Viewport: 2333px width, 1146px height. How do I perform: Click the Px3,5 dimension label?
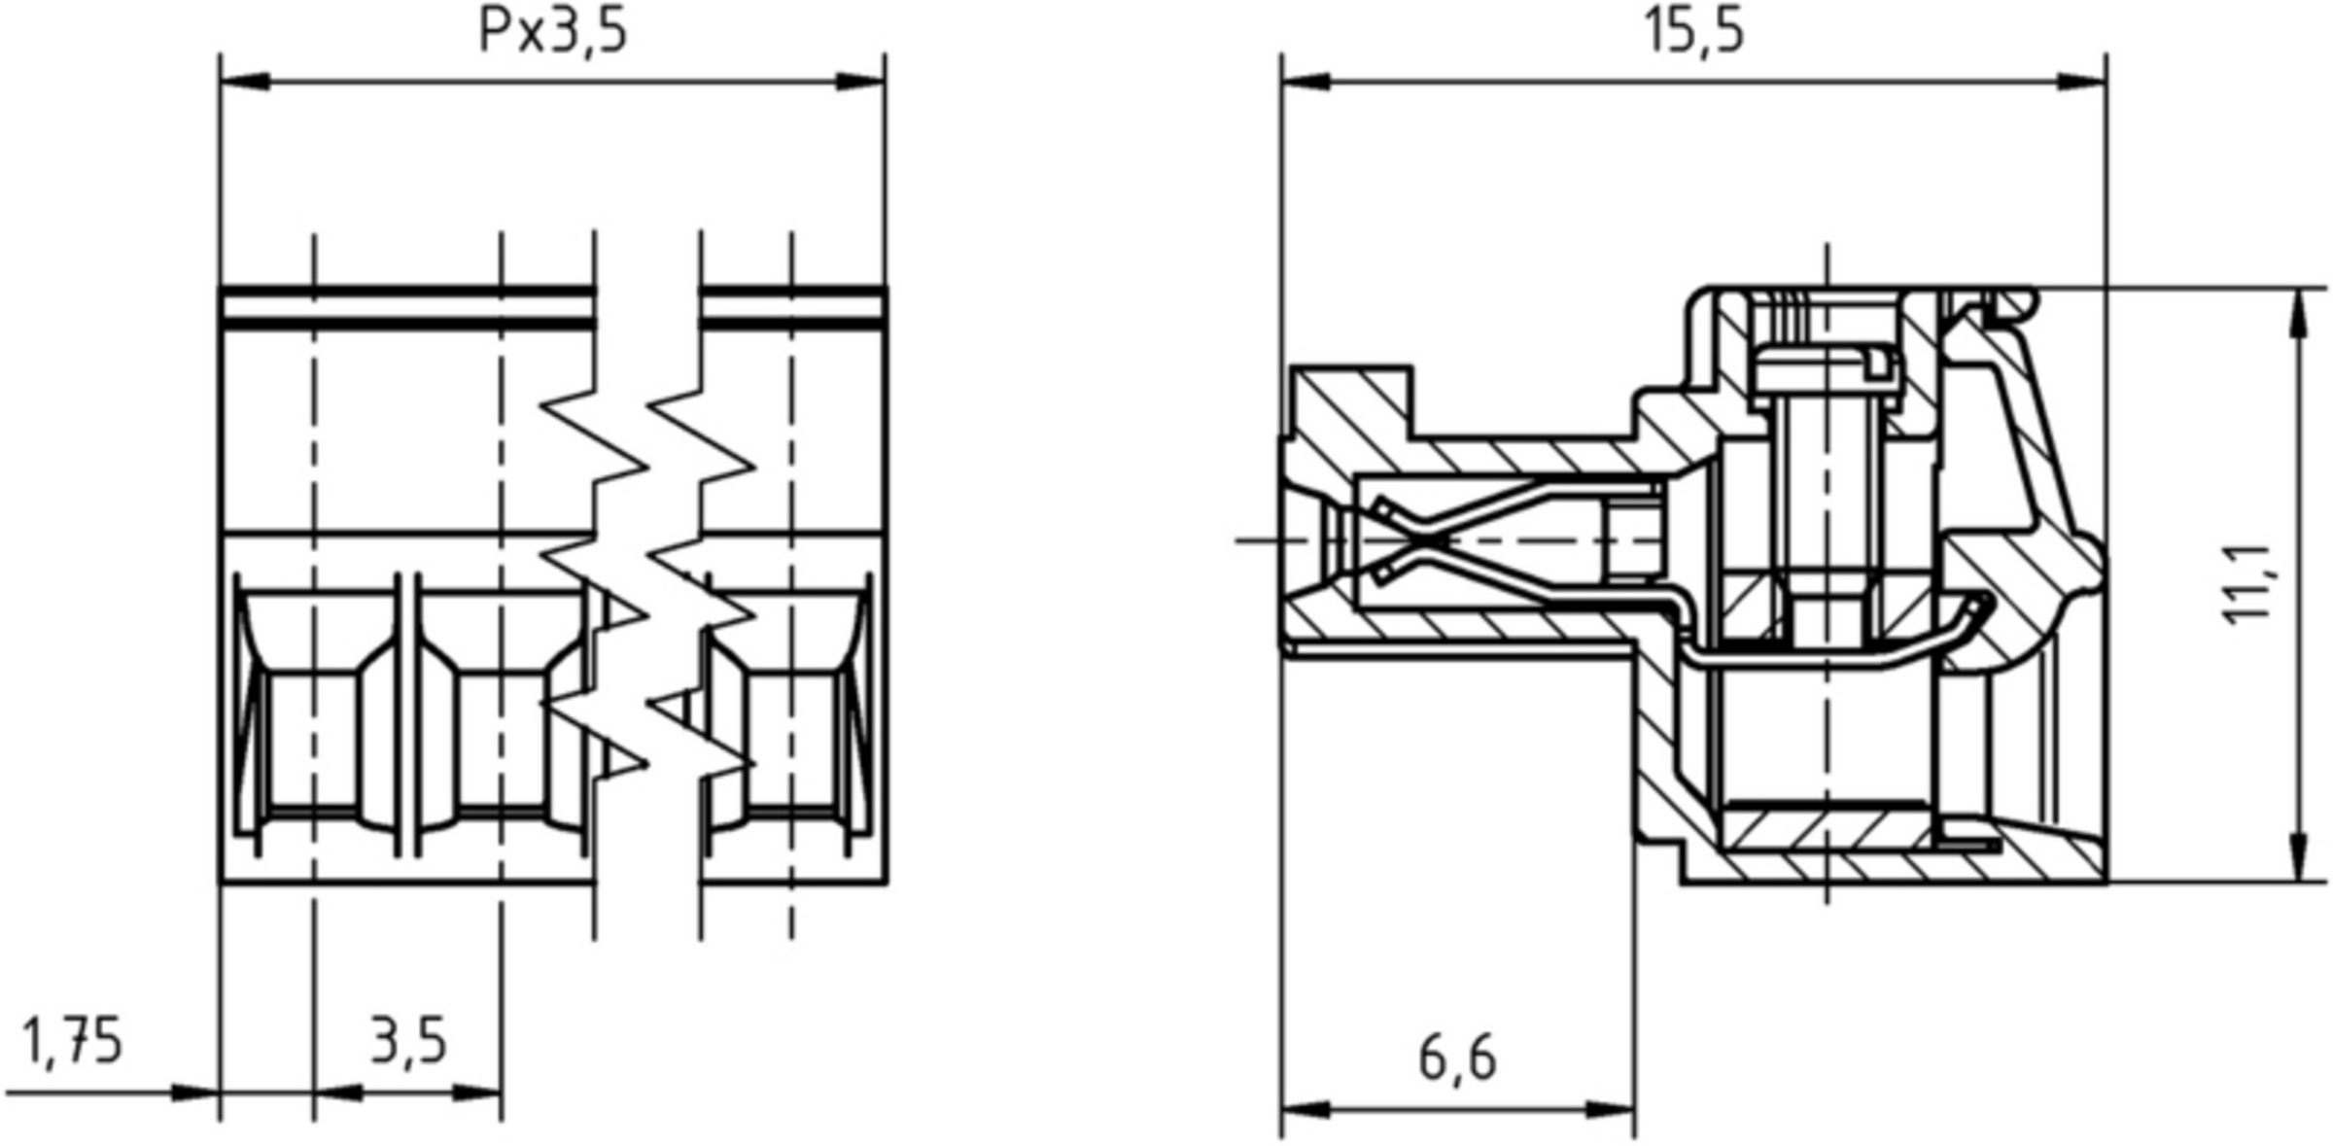tap(553, 30)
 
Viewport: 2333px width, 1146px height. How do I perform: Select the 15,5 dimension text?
tap(1693, 30)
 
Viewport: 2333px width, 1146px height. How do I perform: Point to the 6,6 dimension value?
tap(1457, 1058)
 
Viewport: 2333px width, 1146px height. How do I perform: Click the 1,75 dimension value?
tap(72, 1040)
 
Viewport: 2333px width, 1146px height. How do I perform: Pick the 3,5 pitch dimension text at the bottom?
tap(408, 1040)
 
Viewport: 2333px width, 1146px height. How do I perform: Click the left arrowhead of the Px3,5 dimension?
tap(245, 82)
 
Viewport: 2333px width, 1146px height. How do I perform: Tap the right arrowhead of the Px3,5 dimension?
tap(860, 82)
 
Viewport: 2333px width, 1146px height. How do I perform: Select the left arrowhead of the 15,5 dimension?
tap(1306, 82)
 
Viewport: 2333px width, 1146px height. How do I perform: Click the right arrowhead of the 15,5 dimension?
tap(2082, 82)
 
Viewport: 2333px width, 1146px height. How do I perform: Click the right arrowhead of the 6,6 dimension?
tap(1611, 1109)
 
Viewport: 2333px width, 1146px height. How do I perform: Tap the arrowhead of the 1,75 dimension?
tap(195, 1093)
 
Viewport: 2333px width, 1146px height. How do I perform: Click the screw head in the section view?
tap(1825, 375)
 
